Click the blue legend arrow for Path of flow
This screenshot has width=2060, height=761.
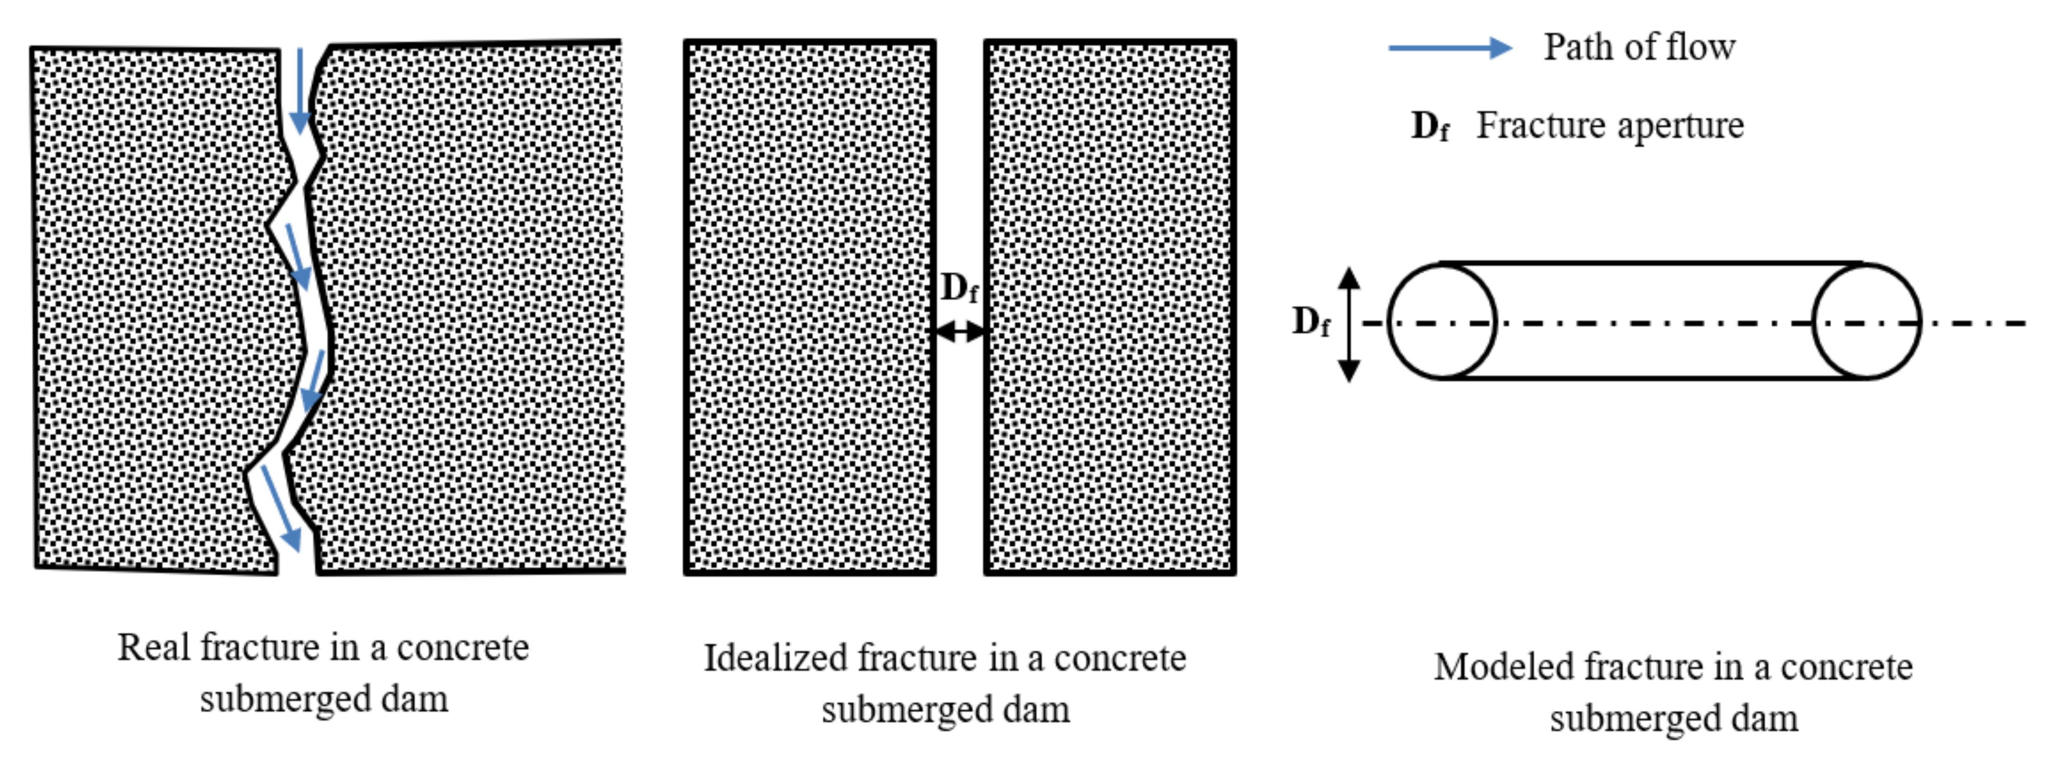(1449, 48)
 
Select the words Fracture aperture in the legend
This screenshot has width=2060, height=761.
(1610, 126)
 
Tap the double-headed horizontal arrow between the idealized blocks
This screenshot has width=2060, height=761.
(960, 331)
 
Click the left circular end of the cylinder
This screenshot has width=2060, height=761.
(1442, 321)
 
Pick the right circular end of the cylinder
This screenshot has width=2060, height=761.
(1866, 321)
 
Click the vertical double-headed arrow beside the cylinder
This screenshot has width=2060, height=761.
(1349, 324)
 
